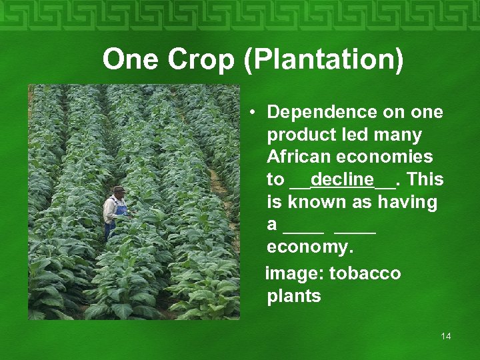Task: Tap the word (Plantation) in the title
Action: click(x=324, y=60)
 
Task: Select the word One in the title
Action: click(x=131, y=60)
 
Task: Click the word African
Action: click(x=298, y=157)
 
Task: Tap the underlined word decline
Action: click(x=342, y=180)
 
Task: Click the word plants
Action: click(x=294, y=296)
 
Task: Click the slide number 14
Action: click(x=446, y=336)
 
